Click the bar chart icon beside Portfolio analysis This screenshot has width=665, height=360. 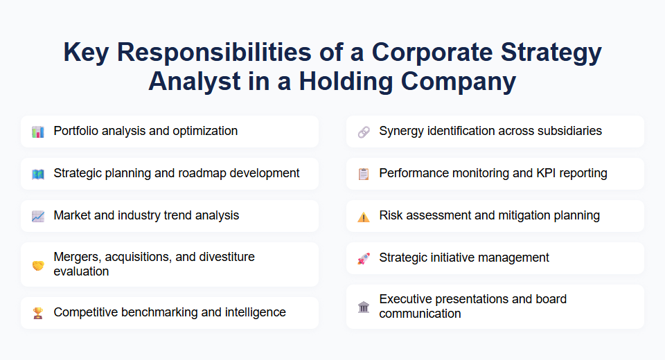point(37,132)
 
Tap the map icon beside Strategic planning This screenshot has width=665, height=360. point(37,174)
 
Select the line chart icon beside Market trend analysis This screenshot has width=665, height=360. point(37,216)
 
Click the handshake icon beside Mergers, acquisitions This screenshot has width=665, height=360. point(37,264)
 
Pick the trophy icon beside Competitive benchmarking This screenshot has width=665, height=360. point(37,313)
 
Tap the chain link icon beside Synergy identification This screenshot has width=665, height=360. point(363,132)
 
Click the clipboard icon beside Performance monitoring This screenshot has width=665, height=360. point(363,174)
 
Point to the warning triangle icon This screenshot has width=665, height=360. point(363,216)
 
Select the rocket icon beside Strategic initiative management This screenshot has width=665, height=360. point(363,258)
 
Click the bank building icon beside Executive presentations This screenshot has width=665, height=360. point(363,307)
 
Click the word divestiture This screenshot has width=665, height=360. point(224,257)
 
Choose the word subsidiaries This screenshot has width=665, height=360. point(567,131)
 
